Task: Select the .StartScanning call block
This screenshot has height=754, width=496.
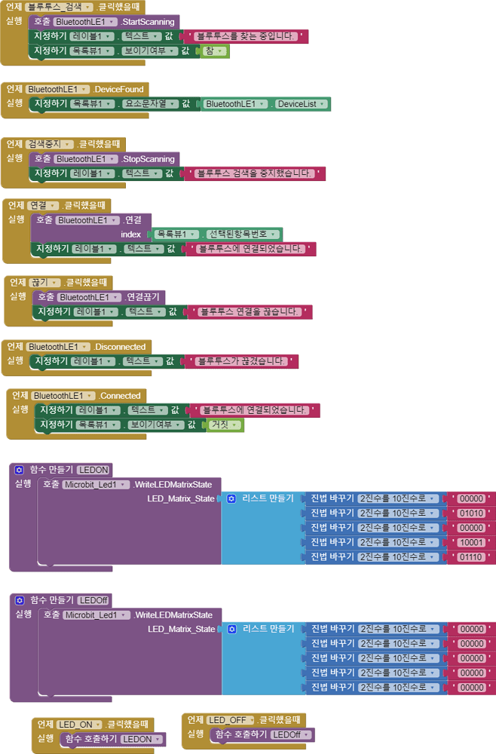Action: tap(147, 22)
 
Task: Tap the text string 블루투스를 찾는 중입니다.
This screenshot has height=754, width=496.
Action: tap(250, 36)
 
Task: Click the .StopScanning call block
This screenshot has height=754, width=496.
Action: tap(148, 159)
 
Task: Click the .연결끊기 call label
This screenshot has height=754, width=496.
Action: tap(146, 297)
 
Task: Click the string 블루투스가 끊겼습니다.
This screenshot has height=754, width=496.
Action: tap(241, 361)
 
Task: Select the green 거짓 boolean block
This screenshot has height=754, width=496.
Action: tap(224, 425)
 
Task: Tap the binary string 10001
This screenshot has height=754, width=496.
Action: tap(472, 542)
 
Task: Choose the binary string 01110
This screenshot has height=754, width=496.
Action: tap(472, 556)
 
